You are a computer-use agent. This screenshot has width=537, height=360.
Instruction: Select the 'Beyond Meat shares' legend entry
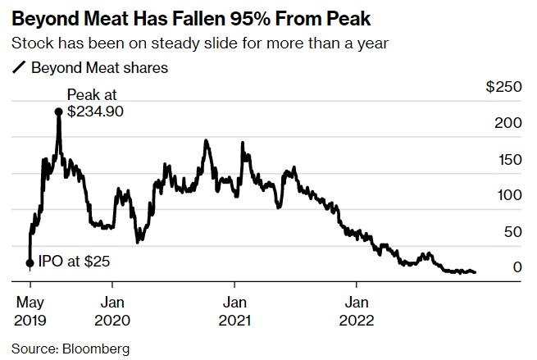pyautogui.click(x=99, y=68)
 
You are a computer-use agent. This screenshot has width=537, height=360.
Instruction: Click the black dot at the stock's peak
pyautogui.click(x=59, y=112)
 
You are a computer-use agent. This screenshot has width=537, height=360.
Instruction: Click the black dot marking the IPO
pyautogui.click(x=30, y=263)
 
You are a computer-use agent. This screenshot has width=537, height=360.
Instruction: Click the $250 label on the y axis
pyautogui.click(x=504, y=87)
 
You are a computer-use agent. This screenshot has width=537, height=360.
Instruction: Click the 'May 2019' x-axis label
pyautogui.click(x=31, y=309)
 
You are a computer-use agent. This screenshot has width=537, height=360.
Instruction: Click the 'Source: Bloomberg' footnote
pyautogui.click(x=71, y=349)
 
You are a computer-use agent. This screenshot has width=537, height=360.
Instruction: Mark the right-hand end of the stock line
pyautogui.click(x=475, y=272)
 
